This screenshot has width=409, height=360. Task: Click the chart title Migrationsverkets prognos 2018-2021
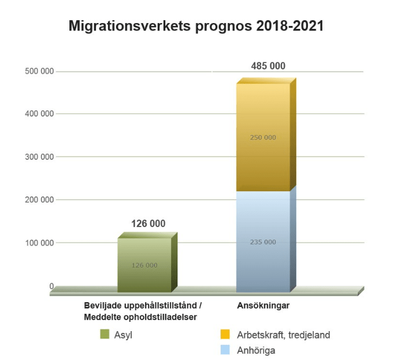(x=196, y=26)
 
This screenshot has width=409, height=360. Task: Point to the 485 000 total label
(x=268, y=66)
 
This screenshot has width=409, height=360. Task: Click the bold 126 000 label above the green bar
(x=148, y=224)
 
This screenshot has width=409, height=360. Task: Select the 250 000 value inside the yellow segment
(x=263, y=138)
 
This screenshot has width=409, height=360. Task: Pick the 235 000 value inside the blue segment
(x=263, y=242)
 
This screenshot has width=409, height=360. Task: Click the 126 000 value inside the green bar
(x=144, y=265)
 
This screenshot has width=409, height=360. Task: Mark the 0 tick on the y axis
(x=51, y=286)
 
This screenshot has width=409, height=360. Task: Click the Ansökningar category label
(x=263, y=306)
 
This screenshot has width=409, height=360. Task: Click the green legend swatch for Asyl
(x=105, y=334)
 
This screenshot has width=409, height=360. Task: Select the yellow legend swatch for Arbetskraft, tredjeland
(x=225, y=334)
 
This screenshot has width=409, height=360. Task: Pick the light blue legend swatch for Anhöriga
(x=225, y=349)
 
